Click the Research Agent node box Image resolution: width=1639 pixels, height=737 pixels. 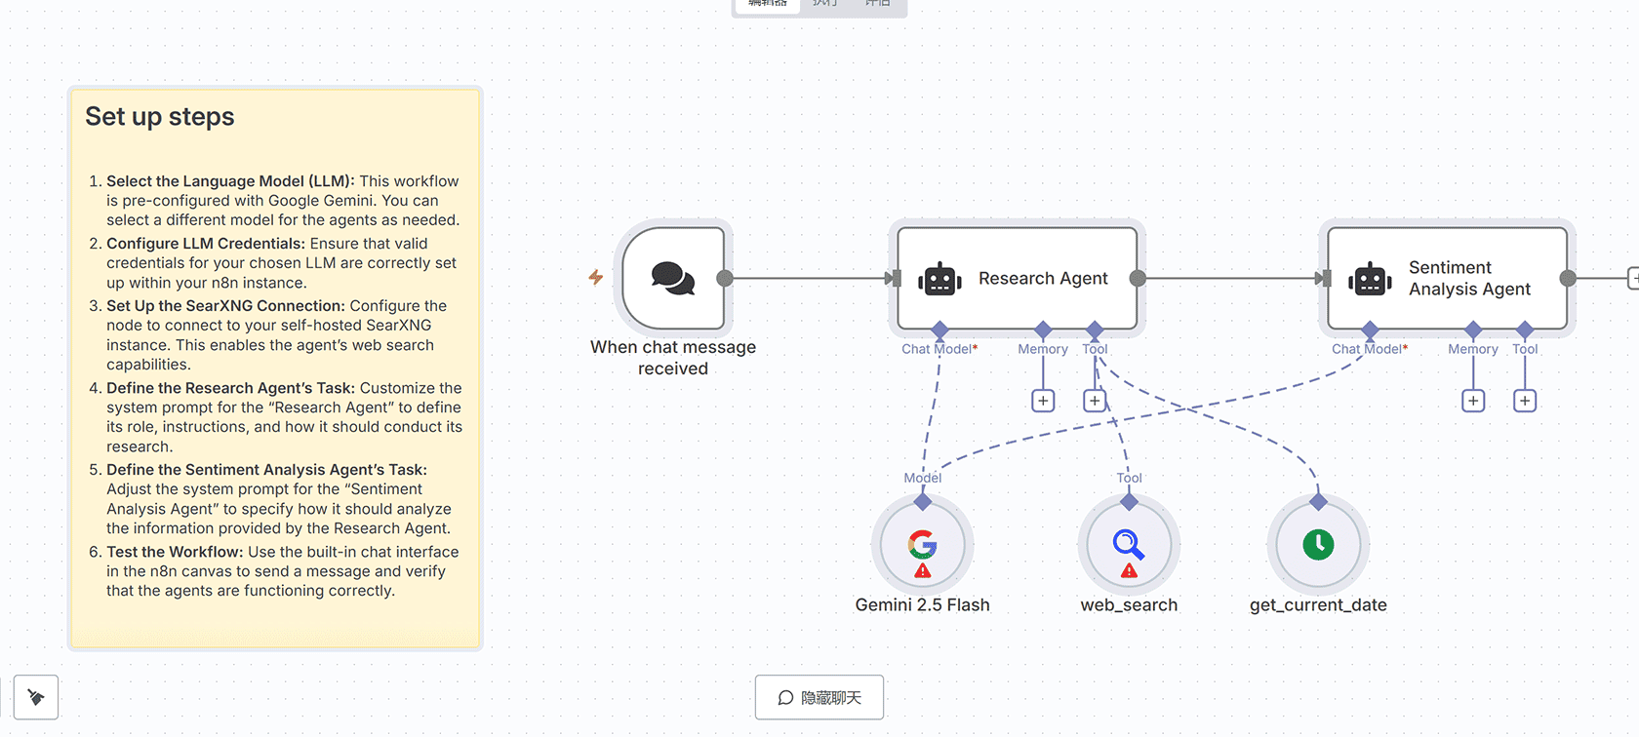tap(1018, 279)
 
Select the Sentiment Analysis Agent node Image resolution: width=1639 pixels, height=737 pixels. tap(1448, 279)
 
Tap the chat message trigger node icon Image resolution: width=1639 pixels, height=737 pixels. tap(673, 279)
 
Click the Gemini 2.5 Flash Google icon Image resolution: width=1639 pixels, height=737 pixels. tap(922, 542)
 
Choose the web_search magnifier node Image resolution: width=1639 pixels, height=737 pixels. tap(1129, 542)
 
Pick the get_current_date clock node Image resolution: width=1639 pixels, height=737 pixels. tap(1318, 544)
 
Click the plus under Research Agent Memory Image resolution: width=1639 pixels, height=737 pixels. tap(1043, 401)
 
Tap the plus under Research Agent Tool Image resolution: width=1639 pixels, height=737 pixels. tap(1095, 401)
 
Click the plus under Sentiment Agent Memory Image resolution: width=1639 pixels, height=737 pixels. tap(1473, 401)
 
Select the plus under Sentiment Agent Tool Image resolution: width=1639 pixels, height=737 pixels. tap(1525, 401)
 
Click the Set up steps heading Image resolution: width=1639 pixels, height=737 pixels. tap(160, 117)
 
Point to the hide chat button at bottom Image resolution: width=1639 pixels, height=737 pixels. tap(819, 697)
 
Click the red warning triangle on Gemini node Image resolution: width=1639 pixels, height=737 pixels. tap(923, 571)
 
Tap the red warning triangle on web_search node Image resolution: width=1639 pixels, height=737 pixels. tap(1129, 571)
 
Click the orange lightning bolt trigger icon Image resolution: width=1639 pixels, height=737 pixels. tap(595, 278)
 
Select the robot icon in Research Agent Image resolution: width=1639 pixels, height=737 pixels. tap(939, 279)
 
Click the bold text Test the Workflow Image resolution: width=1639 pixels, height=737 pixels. tap(175, 552)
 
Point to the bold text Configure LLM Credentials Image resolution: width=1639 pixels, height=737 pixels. tap(206, 244)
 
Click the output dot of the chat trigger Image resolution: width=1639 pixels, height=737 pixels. tap(725, 279)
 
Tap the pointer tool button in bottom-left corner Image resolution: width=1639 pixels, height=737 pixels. tap(36, 697)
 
